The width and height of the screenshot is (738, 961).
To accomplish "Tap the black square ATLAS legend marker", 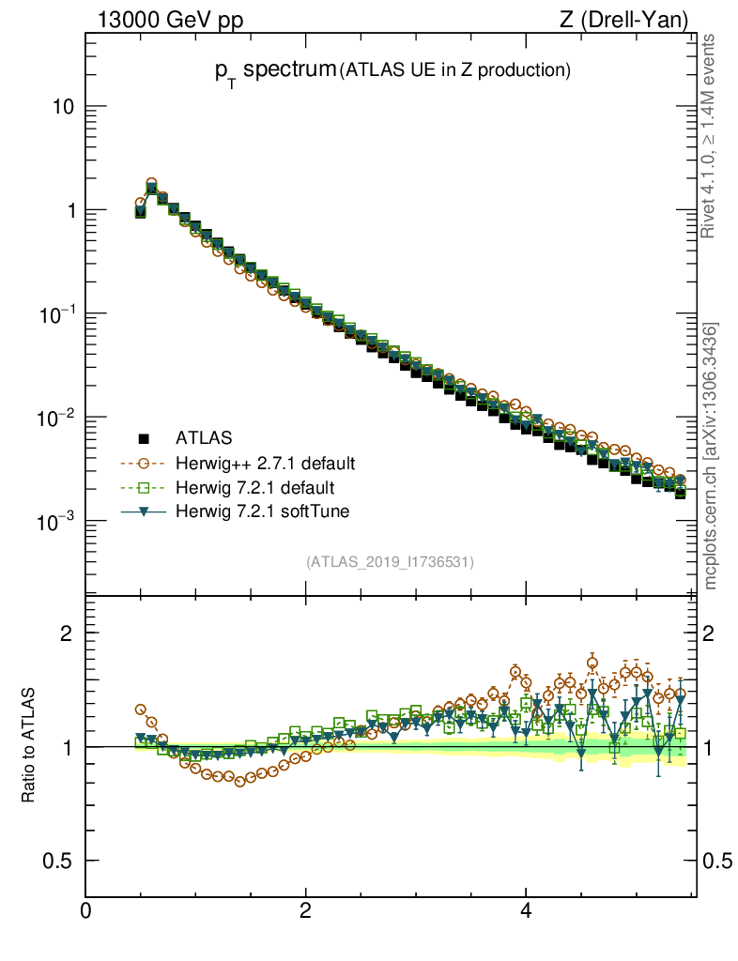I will click(x=144, y=437).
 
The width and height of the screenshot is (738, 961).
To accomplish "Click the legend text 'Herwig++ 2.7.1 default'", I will click(x=265, y=464).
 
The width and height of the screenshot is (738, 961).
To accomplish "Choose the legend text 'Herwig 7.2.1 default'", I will click(x=255, y=488).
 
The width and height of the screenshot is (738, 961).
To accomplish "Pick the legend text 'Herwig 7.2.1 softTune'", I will click(x=262, y=511).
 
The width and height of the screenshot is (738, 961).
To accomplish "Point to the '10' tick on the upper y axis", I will click(x=62, y=107).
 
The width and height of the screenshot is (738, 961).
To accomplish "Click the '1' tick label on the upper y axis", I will click(x=69, y=210).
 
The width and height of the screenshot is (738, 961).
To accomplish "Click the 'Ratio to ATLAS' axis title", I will click(x=29, y=746).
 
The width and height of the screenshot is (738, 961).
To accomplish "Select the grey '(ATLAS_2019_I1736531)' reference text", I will click(x=390, y=562).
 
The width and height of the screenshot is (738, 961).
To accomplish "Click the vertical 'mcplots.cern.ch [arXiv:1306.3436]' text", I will click(x=711, y=456).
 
